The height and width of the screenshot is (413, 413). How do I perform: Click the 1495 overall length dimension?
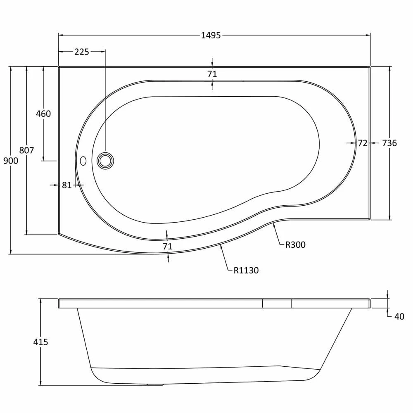[211, 35]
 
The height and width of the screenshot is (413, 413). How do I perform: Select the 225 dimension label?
[82, 52]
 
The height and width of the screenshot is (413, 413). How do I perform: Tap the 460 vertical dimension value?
[43, 114]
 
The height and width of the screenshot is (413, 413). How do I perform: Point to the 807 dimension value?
[26, 150]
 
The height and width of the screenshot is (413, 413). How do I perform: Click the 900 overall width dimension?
[11, 161]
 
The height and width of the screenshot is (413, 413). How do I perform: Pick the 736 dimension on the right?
[389, 143]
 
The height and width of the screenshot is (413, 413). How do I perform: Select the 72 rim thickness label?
[363, 143]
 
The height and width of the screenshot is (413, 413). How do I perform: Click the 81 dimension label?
[67, 185]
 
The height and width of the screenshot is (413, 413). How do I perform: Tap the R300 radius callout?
[295, 245]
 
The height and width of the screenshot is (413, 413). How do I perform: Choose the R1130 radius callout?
[246, 271]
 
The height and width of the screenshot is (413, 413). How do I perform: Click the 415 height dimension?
[40, 342]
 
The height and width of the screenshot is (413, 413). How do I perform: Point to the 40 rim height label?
[399, 317]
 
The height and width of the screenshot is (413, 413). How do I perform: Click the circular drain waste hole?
[105, 161]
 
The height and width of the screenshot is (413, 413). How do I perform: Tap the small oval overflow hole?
[83, 161]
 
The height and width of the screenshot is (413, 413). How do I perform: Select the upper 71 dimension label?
[212, 74]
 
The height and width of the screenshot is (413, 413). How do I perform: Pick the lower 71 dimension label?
[167, 247]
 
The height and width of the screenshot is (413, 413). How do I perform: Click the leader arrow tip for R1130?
[221, 244]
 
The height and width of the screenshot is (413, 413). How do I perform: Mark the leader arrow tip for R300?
[273, 223]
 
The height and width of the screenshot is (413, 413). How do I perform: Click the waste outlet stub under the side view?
[155, 385]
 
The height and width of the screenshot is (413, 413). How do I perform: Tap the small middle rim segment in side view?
[277, 304]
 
